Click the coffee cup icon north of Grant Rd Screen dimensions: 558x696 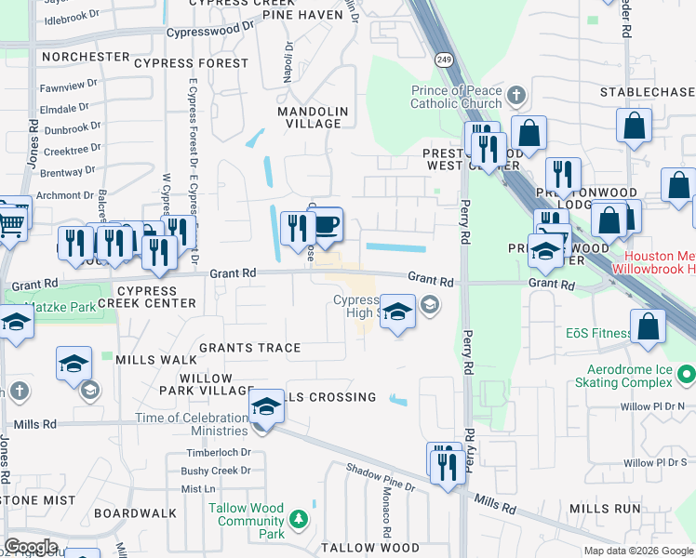coord(325,225)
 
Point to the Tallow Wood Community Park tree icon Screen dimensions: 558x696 coord(299,517)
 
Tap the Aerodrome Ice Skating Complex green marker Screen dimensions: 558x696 coord(687,375)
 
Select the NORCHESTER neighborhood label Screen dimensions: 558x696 coord(86,57)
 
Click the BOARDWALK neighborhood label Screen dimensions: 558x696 coord(135,512)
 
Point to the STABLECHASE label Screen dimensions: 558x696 coord(648,92)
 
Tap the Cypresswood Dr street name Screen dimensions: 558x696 coord(209,31)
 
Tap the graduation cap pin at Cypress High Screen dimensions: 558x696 coord(397,312)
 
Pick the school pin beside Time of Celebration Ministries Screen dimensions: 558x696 coord(266,407)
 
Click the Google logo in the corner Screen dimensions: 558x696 coord(31,546)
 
